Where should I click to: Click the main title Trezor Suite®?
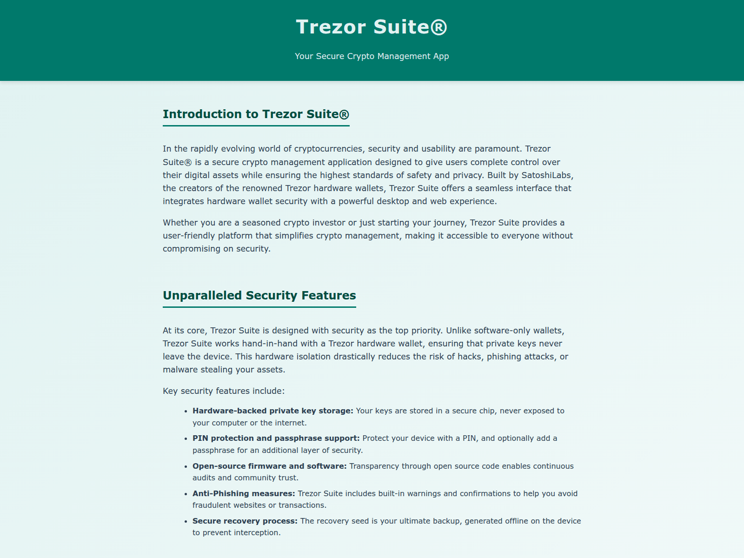372,27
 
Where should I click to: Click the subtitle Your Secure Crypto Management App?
372,56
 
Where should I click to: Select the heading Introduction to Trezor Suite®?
256,114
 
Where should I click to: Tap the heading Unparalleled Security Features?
259,296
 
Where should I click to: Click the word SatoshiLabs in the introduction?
546,175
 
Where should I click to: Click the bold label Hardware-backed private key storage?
272,411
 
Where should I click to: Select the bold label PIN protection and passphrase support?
276,438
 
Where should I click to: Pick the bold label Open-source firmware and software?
269,466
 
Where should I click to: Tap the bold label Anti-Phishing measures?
244,494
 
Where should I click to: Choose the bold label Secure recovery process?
245,521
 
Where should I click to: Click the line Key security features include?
223,391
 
